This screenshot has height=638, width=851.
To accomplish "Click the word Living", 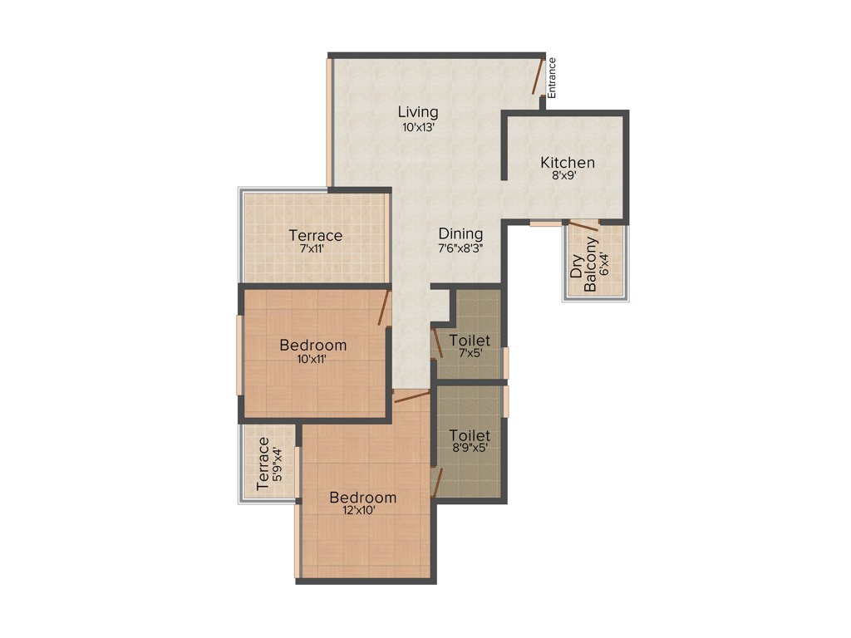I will click(417, 112).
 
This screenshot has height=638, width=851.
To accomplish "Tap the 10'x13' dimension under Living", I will click(417, 128).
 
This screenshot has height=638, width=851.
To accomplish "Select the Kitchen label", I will click(568, 162).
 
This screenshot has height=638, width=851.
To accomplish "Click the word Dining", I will click(460, 234).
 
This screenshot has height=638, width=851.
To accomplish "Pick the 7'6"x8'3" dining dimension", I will click(460, 248).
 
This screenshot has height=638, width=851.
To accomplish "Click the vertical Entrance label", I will click(552, 78).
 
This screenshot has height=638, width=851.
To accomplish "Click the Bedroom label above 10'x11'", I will click(312, 345).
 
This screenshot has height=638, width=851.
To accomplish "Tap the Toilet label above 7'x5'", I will click(469, 341).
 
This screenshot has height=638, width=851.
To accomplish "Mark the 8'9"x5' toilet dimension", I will click(469, 447).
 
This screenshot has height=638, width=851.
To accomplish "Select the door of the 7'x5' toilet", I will click(436, 342).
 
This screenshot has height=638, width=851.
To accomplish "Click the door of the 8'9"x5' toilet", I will click(436, 481).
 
